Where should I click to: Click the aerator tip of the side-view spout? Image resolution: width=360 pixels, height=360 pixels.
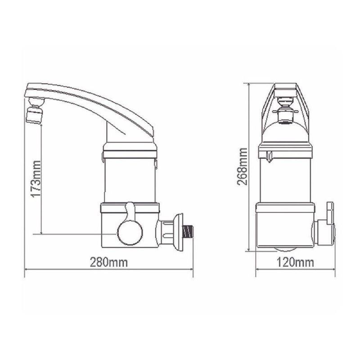33,115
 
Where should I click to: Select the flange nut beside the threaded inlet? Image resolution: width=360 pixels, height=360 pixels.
177,231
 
